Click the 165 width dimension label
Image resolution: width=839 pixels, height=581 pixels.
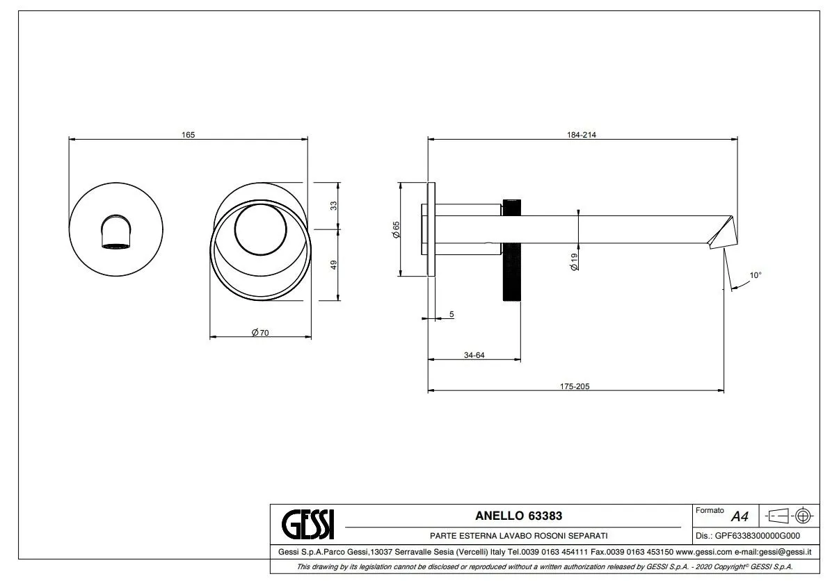tap(188, 135)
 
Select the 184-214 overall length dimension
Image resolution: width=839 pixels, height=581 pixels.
tap(582, 135)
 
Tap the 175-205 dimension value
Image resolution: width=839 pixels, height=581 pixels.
tap(575, 386)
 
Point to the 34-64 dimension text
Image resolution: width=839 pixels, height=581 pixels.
tap(474, 355)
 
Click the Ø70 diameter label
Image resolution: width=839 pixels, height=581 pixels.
tap(260, 333)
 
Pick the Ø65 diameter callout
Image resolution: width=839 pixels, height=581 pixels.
tap(396, 230)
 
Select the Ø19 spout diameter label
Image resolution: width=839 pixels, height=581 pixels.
tap(574, 261)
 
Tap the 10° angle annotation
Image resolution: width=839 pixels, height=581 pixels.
tap(756, 275)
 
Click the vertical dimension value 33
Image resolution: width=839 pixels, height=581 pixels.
tap(333, 206)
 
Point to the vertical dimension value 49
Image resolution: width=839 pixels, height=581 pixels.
tap(333, 265)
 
